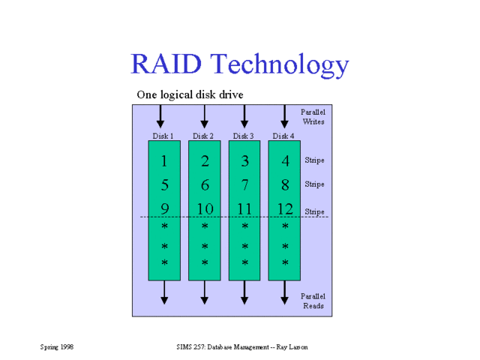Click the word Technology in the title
[x=279, y=66]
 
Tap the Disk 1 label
[x=163, y=136]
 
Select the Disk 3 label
[x=243, y=136]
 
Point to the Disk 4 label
[x=283, y=136]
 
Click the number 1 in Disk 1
[x=164, y=161]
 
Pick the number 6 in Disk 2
[x=205, y=185]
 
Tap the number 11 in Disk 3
[x=244, y=209]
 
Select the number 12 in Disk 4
[x=285, y=209]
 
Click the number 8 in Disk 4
[x=285, y=185]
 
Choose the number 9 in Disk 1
[x=164, y=209]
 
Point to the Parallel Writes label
[x=313, y=115]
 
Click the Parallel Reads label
[x=313, y=301]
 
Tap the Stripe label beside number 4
[x=314, y=160]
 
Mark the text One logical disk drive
[x=190, y=94]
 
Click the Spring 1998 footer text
[x=56, y=347]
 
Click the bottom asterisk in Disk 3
[x=244, y=263]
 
